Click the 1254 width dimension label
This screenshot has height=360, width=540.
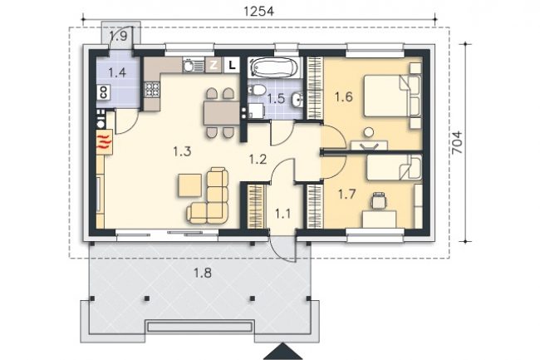(x=258, y=11)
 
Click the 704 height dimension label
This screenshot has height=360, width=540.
(x=457, y=143)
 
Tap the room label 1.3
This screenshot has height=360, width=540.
(x=182, y=151)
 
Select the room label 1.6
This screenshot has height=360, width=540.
(x=344, y=97)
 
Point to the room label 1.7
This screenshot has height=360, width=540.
(x=346, y=195)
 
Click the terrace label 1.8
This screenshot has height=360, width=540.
(x=203, y=274)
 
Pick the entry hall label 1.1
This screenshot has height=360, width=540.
(x=282, y=215)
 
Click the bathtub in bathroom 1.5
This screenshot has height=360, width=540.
(x=274, y=67)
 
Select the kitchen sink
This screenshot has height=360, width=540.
(x=194, y=65)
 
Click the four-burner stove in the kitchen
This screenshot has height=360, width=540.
(x=152, y=90)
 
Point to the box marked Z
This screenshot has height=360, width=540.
(x=214, y=65)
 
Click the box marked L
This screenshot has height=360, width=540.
(x=232, y=65)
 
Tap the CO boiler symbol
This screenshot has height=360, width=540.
(x=103, y=91)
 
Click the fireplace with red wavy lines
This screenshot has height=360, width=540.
(x=105, y=141)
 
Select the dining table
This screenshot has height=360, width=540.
(x=222, y=113)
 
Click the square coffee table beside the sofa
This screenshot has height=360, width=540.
(x=189, y=185)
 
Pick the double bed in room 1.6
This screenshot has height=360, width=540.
(x=392, y=96)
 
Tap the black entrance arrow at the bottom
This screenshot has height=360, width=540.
(x=283, y=352)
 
